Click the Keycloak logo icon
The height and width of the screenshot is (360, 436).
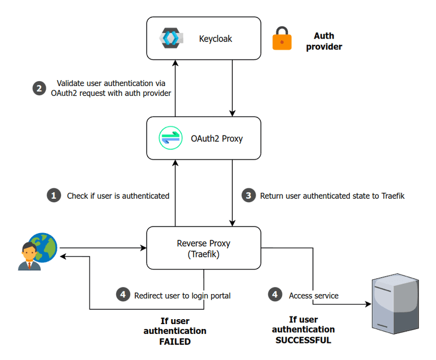coord(169,38)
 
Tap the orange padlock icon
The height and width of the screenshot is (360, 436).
coord(282,39)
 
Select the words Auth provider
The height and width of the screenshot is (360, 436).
coord(324,41)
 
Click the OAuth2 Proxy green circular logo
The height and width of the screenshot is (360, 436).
coord(169,138)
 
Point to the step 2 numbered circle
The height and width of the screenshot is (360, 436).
coord(39,88)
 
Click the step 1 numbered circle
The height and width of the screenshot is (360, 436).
coord(53,196)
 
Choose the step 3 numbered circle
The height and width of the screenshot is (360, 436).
coord(249,196)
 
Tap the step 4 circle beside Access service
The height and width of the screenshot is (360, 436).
coord(275,295)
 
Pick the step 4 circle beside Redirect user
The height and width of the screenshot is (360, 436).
coord(124,295)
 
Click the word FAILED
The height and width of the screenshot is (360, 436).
coord(174,341)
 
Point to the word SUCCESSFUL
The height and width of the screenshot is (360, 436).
coord(303,340)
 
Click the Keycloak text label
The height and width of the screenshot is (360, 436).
coord(216,39)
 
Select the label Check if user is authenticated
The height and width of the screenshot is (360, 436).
coord(118,196)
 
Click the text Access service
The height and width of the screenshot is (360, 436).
coord(313,295)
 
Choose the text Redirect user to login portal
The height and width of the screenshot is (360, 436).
coord(182,295)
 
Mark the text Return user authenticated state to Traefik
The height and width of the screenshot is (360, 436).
coord(332,196)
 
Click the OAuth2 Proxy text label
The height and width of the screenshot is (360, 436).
coord(216,138)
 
